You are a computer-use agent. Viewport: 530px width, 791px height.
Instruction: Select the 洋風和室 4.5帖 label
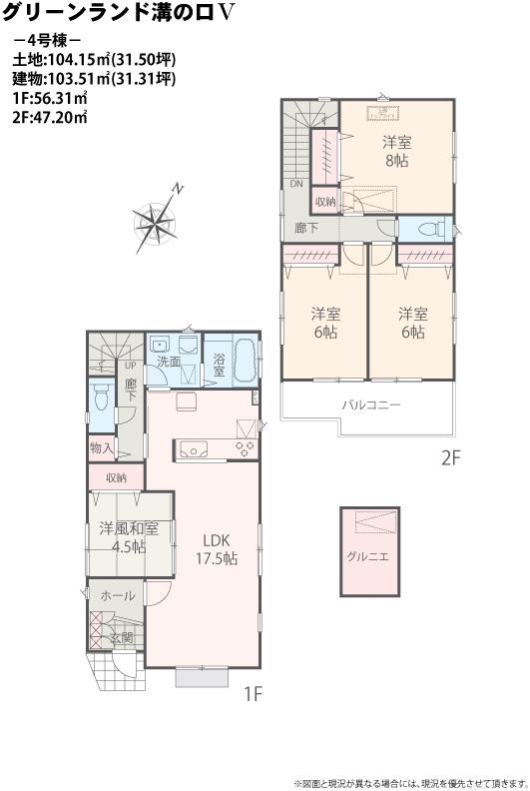129,537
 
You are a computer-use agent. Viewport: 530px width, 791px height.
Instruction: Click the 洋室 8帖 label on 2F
396,151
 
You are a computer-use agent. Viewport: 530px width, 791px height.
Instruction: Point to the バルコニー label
371,405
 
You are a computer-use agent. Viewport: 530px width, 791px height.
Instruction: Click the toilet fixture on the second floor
431,229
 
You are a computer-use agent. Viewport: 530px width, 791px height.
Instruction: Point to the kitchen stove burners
245,448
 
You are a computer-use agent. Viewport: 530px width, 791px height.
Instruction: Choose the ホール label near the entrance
118,595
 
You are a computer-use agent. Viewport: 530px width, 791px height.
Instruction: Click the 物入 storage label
101,448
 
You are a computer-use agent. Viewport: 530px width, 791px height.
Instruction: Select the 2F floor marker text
448,460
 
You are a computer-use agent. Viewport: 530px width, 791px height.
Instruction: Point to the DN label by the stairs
296,185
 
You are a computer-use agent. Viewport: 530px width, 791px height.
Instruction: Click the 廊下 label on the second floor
306,228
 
